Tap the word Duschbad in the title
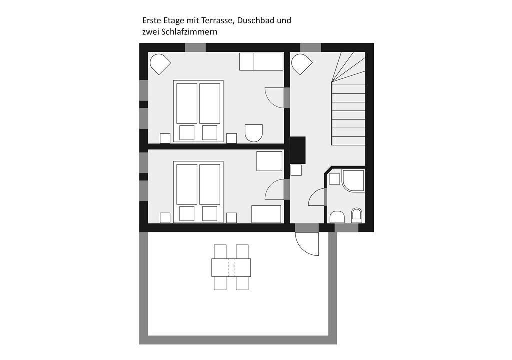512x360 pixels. point(256,20)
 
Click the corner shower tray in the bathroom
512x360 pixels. point(353,180)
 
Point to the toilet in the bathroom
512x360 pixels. point(357,215)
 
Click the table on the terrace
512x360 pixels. point(231,267)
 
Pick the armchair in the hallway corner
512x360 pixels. point(301,63)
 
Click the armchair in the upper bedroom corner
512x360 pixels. point(160,63)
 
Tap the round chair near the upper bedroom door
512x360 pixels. point(254,133)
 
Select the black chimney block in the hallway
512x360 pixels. point(298,150)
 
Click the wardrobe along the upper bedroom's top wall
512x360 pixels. point(261,61)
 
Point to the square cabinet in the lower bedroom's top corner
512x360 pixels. point(269,161)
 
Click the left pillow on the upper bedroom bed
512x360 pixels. point(187,132)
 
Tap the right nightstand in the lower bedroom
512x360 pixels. point(232,218)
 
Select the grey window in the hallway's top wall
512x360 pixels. point(311,47)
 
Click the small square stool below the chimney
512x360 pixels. point(296,170)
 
